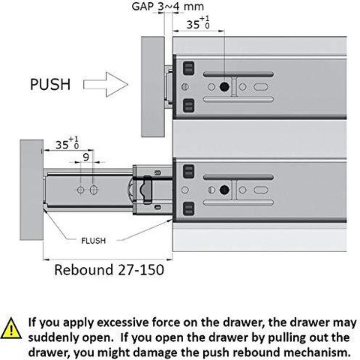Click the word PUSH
pos(50,84)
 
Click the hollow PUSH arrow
pos(106,85)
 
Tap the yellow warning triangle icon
pos(11,328)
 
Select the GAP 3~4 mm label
pos(168,6)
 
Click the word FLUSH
pos(94,241)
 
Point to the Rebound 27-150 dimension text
pos(109,270)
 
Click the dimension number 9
pos(85,157)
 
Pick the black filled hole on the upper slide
pos(224,87)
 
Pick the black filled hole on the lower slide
pos(224,190)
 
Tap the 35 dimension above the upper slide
pos(198,23)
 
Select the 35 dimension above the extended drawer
pos(67,143)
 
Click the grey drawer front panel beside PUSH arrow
pos(153,87)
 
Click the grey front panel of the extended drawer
pos(31,190)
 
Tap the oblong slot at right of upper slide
pos(261,87)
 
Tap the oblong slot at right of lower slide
pos(261,190)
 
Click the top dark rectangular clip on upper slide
pos(189,68)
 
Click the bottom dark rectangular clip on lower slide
pos(189,208)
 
